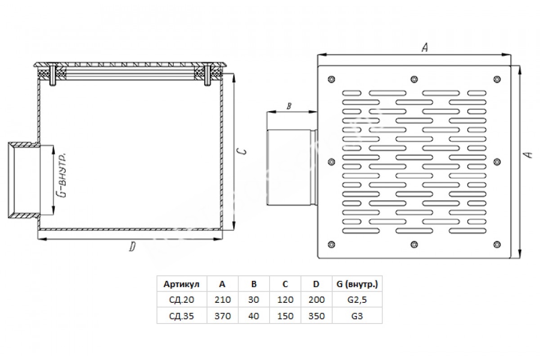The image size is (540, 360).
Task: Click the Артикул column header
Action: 181,284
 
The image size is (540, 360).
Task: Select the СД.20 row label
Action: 181,300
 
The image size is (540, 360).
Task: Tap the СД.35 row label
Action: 181,316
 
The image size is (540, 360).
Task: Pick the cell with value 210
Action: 223,300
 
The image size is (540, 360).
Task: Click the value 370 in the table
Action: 223,316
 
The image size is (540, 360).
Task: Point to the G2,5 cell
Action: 357,300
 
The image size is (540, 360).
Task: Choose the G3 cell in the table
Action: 357,316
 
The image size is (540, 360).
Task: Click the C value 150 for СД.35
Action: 285,316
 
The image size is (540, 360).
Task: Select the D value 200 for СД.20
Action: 316,300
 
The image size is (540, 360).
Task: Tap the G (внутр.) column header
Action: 357,284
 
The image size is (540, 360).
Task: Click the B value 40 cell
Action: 254,316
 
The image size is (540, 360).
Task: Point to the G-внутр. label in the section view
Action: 63,175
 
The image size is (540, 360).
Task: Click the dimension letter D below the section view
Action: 132,247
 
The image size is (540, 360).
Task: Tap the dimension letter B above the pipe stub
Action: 289,106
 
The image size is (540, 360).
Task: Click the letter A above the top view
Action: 425,48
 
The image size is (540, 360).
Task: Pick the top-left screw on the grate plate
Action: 332,79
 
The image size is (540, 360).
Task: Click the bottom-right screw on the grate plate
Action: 497,244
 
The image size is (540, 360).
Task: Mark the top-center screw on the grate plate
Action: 414,79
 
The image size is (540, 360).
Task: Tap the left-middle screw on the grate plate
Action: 332,162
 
